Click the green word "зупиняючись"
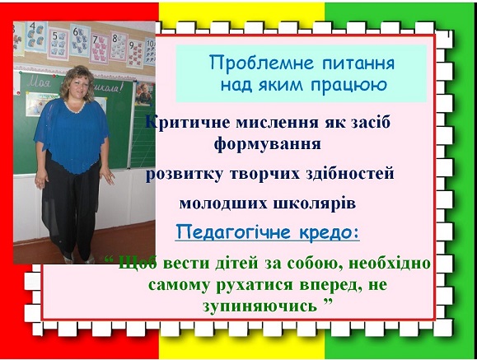tap(260, 306)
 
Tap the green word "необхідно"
tap(390, 263)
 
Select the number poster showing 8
tap(119, 46)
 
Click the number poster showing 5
tap(58, 43)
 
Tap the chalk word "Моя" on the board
tap(39, 82)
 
